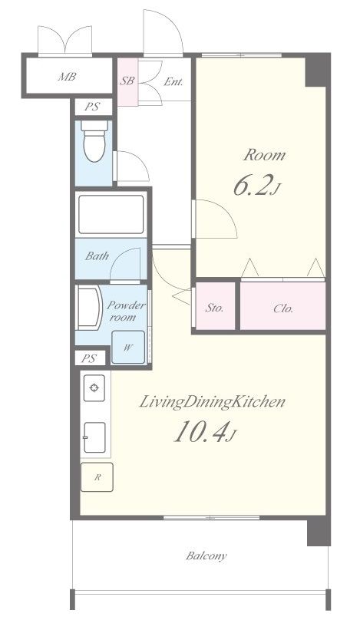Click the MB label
[67, 77]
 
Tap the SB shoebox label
[127, 81]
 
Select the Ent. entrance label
[173, 81]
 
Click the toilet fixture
[94, 141]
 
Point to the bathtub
[111, 214]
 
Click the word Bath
[97, 256]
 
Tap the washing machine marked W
[128, 347]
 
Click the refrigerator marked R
[97, 477]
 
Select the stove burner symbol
[94, 388]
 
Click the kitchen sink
[95, 437]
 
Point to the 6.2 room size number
[251, 185]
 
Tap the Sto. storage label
[214, 308]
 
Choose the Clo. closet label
[283, 309]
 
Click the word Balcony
[206, 556]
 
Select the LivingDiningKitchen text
[213, 402]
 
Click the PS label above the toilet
[93, 107]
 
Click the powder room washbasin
[89, 308]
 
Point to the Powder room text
[126, 311]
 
